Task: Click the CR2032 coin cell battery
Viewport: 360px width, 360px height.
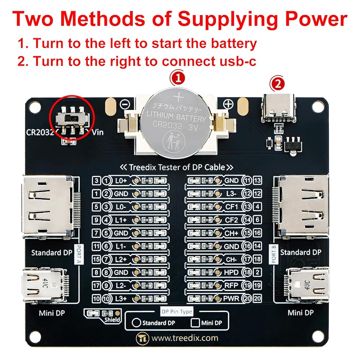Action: point(176,123)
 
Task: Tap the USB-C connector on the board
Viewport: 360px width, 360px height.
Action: point(278,108)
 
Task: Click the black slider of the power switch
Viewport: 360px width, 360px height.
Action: point(72,118)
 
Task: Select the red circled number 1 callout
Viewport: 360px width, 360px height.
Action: point(177,78)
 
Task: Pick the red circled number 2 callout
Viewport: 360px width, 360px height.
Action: point(277,84)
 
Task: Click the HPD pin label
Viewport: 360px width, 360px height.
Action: point(231,272)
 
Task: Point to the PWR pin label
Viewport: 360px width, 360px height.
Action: point(231,298)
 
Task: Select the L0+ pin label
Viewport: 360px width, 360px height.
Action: point(121,181)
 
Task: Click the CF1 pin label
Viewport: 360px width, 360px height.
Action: point(231,207)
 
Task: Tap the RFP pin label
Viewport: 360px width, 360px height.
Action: point(231,285)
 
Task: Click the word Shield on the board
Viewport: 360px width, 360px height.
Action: point(112,319)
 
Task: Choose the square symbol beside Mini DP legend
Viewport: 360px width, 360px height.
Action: point(195,323)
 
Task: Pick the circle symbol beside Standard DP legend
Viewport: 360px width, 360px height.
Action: point(136,323)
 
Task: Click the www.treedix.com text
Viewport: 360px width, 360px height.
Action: point(185,338)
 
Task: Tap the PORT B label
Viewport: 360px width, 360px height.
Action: point(274,254)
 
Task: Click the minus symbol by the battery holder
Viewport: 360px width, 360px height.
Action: point(125,104)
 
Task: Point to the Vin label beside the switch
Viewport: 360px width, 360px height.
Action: point(98,132)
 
